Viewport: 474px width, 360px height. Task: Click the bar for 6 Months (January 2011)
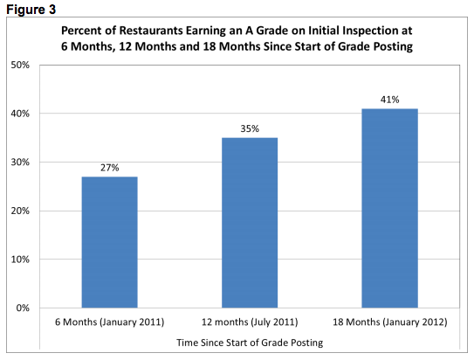coord(109,242)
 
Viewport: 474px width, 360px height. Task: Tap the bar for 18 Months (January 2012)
coord(388,208)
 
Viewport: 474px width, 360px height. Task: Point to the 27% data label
coord(109,167)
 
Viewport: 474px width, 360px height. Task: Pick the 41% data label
coord(388,100)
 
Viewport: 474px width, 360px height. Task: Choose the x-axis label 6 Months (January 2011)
coord(109,322)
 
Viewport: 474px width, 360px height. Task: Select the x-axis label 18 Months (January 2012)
coord(389,322)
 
